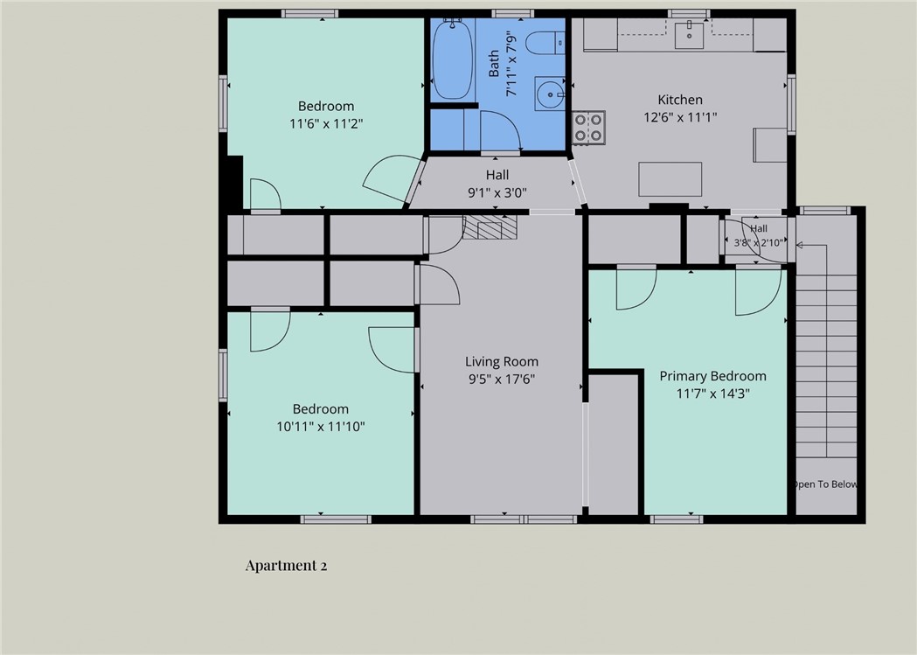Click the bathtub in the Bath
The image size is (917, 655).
point(452,59)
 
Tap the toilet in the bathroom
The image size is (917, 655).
point(545,43)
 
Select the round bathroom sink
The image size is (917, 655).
point(550,94)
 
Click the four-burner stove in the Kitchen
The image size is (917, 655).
point(588,128)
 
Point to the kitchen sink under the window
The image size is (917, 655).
point(690,34)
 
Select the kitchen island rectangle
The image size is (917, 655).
point(670,179)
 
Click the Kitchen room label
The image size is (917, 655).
point(680,100)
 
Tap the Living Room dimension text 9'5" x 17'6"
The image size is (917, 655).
point(502,379)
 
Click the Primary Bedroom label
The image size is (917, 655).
point(713,376)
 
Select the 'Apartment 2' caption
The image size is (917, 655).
point(286,566)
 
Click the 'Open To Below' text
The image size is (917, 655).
point(825,484)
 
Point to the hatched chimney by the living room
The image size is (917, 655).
point(490,226)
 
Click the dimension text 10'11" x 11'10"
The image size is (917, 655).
point(321,427)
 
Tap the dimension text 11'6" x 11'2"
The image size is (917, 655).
point(326,123)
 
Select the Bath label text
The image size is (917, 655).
point(494,63)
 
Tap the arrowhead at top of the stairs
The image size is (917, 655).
point(799,245)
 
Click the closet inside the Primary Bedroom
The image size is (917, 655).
point(613,444)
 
